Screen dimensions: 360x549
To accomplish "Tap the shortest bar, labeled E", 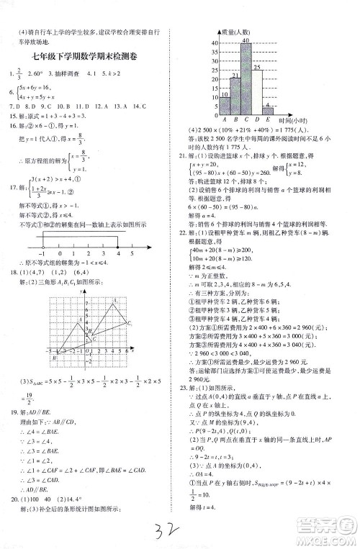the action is [269, 109].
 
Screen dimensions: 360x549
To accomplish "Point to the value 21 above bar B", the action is [235, 75].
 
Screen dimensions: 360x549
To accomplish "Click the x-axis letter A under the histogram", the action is [225, 119].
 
